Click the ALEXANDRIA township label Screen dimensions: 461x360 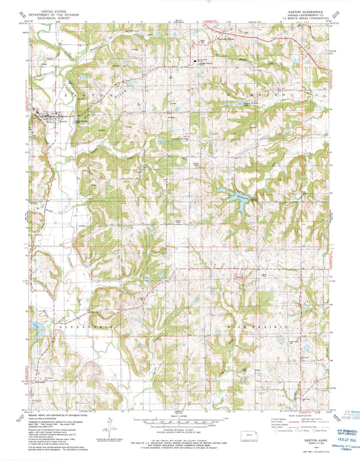[x=72, y=325]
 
